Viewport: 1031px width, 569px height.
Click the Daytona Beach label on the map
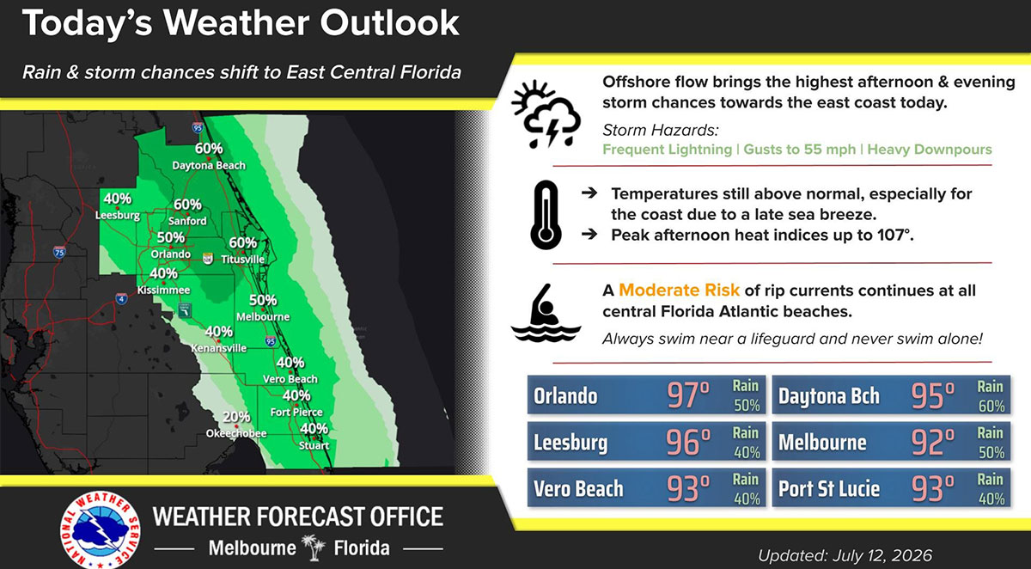[x=209, y=165]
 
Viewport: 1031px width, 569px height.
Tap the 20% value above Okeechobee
[x=236, y=417]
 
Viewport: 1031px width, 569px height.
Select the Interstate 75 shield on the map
[x=59, y=252]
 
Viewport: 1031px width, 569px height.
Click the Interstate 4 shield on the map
[x=121, y=299]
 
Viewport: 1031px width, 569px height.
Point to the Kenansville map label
[x=219, y=348]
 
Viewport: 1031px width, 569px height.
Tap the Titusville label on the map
[x=242, y=260]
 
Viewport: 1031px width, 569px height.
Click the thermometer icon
[x=546, y=215]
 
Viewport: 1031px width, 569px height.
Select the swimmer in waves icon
[x=546, y=313]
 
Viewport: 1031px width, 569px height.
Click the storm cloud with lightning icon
[x=546, y=113]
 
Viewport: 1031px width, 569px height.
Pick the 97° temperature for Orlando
[x=688, y=395]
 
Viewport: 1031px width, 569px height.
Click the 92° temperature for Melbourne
[x=933, y=442]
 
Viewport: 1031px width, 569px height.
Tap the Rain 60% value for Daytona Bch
[x=991, y=396]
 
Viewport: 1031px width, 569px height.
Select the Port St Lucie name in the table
[x=829, y=488]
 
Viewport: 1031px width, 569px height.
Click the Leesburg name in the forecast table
[x=570, y=443]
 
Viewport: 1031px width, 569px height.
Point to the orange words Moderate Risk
[x=679, y=290]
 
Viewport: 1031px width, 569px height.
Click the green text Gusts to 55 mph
[x=800, y=150]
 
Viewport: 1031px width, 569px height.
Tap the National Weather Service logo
[x=101, y=529]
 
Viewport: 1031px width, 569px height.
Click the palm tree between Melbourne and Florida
[x=314, y=548]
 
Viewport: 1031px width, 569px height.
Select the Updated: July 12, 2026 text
[x=845, y=555]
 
